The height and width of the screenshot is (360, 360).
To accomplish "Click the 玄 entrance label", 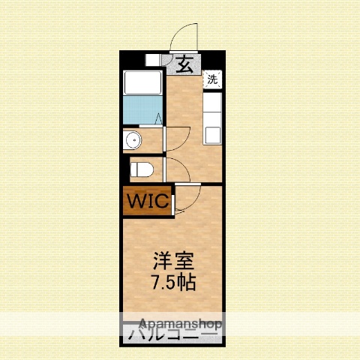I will pos(184,64).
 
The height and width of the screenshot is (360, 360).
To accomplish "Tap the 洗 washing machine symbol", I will pos(212,79).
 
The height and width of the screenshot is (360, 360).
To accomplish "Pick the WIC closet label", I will pos(147,202).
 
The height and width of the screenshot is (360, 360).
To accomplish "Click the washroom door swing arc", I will pos(177,136).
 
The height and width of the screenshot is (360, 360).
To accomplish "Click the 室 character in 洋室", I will pos(184,262).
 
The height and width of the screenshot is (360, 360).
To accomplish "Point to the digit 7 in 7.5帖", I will pos(155,283).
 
